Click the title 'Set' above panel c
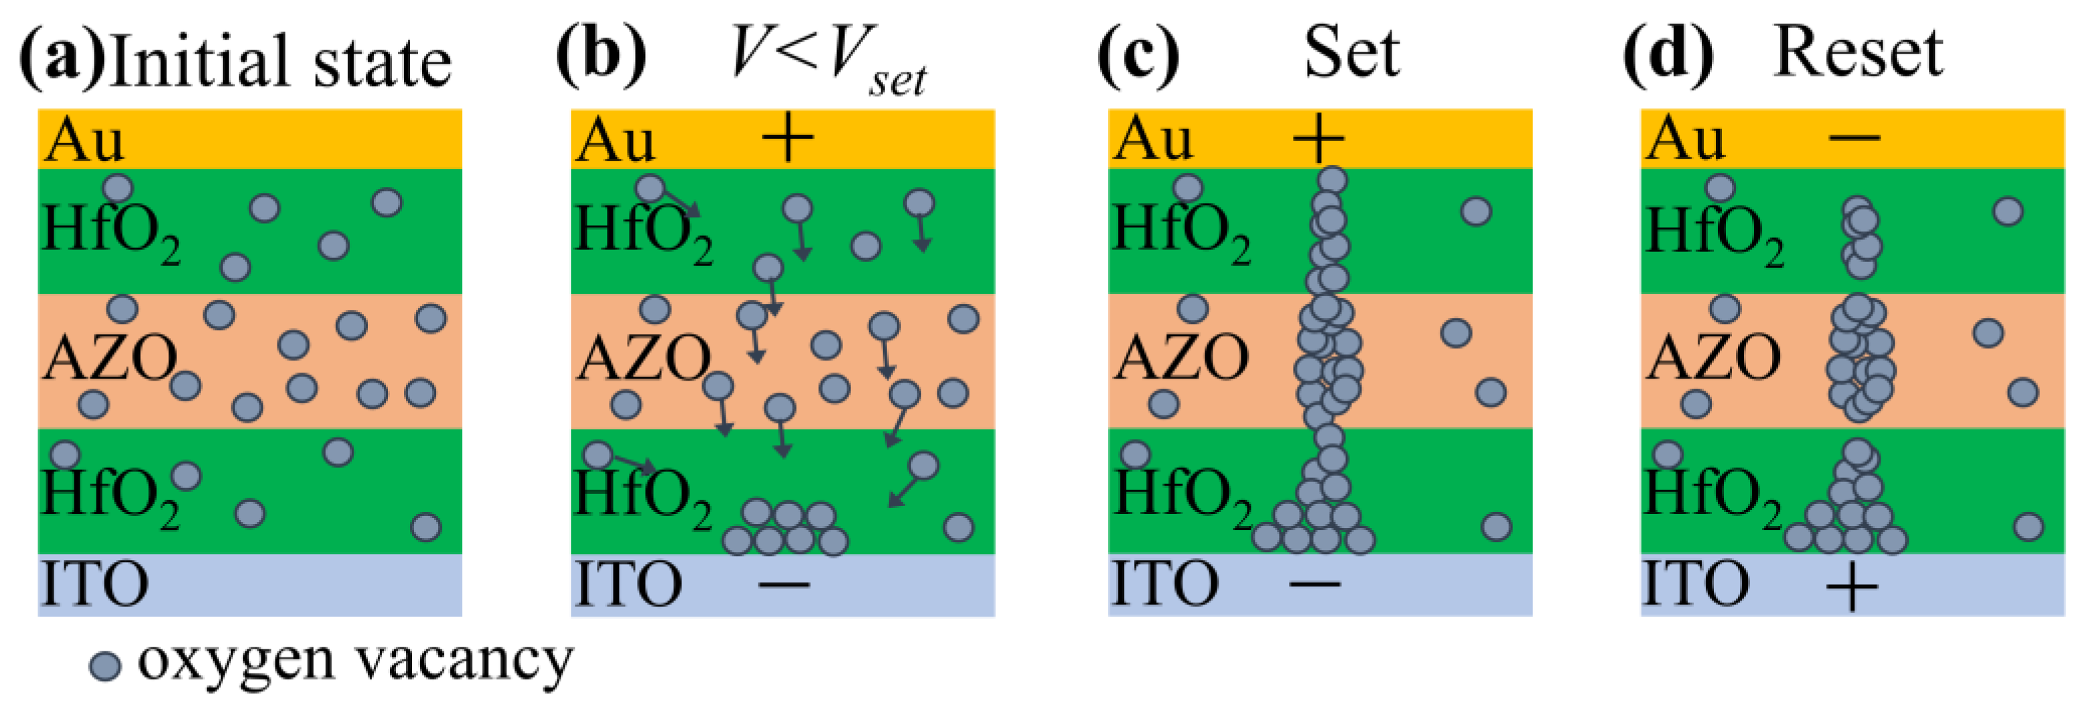tap(1351, 54)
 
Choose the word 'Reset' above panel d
tap(1858, 54)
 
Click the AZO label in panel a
tap(109, 358)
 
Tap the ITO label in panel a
tap(94, 584)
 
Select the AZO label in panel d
tap(1712, 358)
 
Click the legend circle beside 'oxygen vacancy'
tap(105, 666)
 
